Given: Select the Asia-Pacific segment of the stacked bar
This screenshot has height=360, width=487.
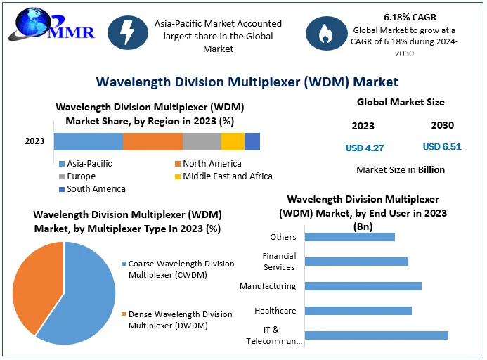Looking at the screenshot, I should click(x=88, y=141).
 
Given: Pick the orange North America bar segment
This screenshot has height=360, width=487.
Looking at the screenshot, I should click(x=152, y=141).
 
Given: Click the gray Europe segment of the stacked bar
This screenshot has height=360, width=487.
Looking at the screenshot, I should click(x=202, y=141).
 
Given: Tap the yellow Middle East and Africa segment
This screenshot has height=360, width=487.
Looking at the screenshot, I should click(x=233, y=141).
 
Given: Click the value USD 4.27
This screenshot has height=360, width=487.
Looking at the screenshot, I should click(x=365, y=148).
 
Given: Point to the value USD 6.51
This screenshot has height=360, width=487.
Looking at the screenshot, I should click(x=442, y=147).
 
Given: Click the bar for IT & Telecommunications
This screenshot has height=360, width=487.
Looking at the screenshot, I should click(x=377, y=335).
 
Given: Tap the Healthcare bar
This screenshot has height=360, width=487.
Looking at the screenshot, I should click(x=358, y=311).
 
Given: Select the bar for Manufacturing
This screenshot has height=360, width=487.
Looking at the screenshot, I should click(x=363, y=286).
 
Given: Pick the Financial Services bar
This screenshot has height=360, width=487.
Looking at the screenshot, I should click(x=357, y=262).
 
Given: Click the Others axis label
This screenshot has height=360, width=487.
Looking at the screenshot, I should click(x=283, y=237).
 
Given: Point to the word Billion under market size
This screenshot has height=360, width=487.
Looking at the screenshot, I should click(x=431, y=169).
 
